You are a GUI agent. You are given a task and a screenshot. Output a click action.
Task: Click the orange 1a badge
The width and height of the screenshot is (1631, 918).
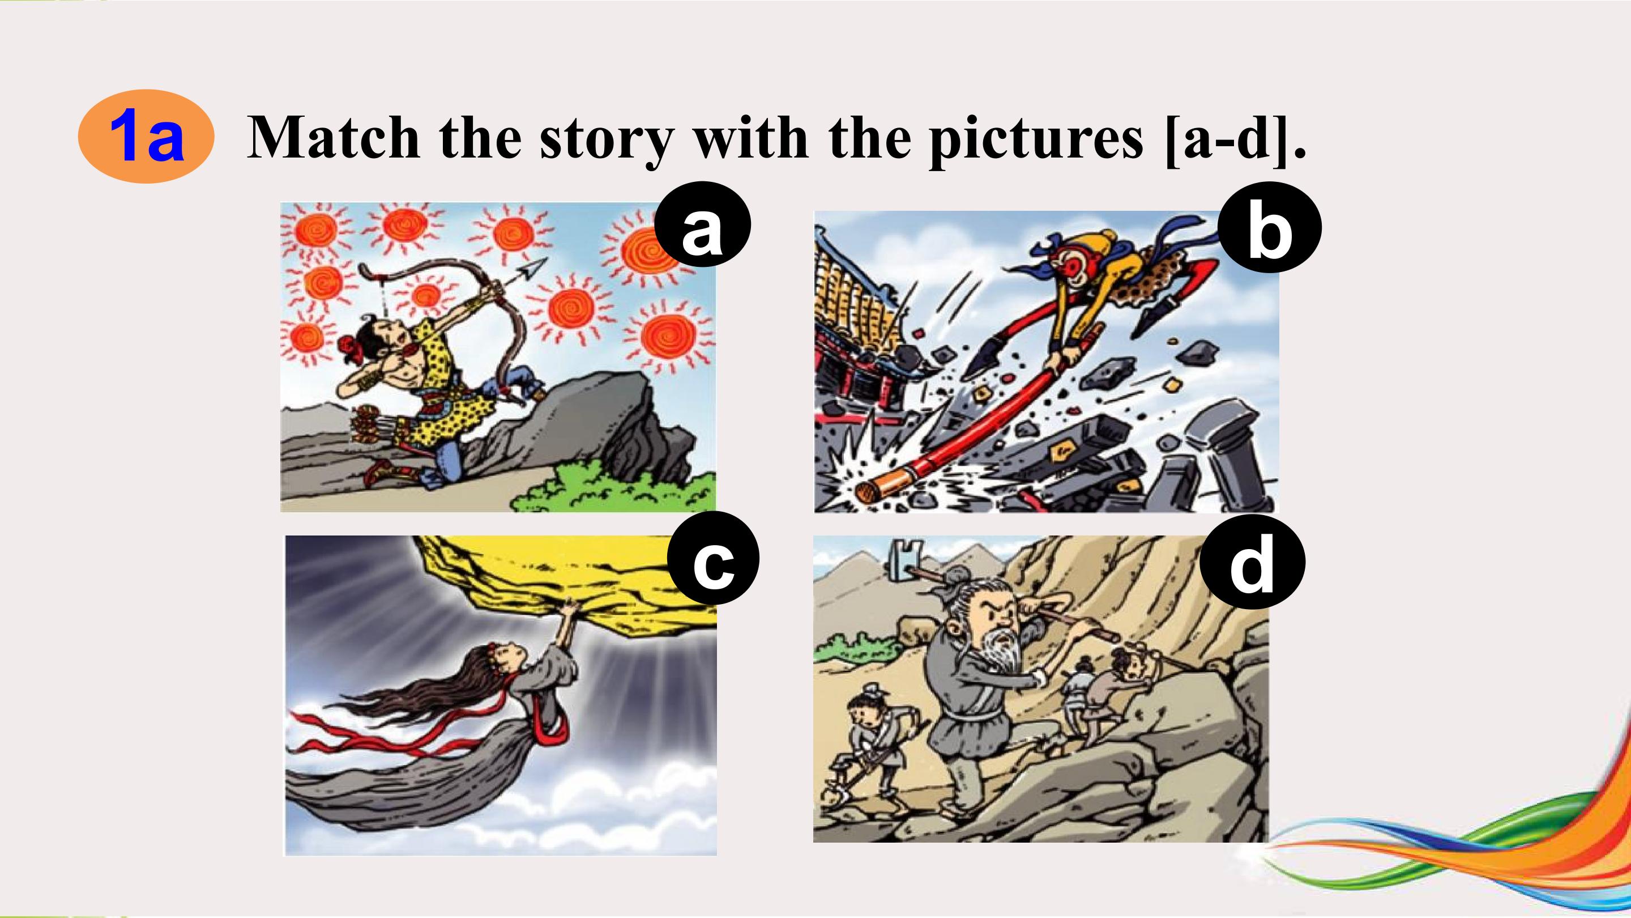[146, 137]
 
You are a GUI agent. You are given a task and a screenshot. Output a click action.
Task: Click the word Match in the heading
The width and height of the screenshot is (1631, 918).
[334, 138]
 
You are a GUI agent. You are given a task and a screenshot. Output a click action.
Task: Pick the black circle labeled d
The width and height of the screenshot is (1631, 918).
[1253, 560]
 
